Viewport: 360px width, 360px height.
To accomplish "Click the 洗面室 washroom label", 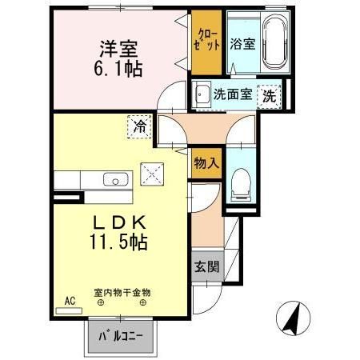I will tap(233, 94).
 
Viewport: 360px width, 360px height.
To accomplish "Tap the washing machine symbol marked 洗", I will tap(272, 94).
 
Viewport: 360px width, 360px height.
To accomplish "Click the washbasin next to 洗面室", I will tap(201, 93).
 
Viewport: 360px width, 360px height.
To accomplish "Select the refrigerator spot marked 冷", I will tap(140, 126).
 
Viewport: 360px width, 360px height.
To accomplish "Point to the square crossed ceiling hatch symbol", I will tap(152, 172).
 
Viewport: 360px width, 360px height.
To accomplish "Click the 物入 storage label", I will tap(206, 163).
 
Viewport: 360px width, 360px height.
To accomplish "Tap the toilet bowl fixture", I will tap(240, 186).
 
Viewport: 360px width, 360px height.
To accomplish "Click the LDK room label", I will tap(122, 218).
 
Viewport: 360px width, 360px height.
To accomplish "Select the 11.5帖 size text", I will tap(122, 239).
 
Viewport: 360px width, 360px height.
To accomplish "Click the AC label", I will tap(70, 302).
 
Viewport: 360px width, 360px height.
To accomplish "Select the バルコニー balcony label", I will tap(122, 336).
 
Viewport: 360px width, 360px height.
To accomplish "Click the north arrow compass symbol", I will tap(294, 322).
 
